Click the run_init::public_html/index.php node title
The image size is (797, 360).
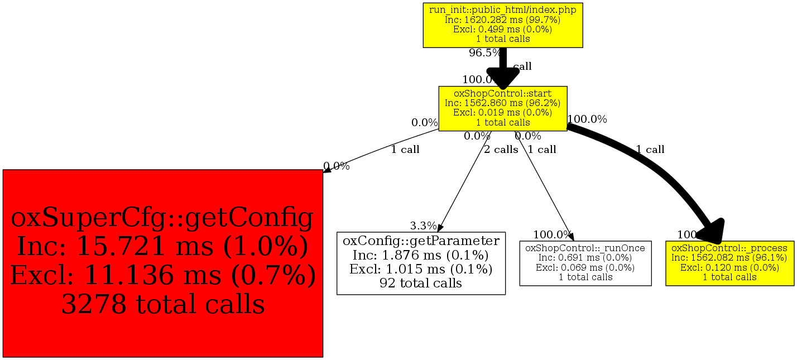pyautogui.click(x=503, y=9)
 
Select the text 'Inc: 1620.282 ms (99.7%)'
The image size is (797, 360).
pyautogui.click(x=503, y=20)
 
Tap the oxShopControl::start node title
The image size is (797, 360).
pyautogui.click(x=503, y=93)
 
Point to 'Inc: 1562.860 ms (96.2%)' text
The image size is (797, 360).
pyautogui.click(x=503, y=103)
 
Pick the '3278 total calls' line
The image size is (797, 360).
pyautogui.click(x=162, y=304)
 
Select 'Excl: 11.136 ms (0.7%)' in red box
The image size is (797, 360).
pyautogui.click(x=162, y=275)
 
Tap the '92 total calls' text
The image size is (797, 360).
pyautogui.click(x=421, y=283)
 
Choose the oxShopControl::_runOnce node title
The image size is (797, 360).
pyautogui.click(x=585, y=247)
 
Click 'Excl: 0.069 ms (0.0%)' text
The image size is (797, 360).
pyautogui.click(x=585, y=267)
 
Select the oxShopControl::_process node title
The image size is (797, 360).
pyautogui.click(x=729, y=247)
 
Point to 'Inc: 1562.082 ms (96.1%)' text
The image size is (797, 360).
pyautogui.click(x=729, y=257)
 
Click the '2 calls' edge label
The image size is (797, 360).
pyautogui.click(x=501, y=150)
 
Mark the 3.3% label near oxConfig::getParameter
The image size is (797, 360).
pyautogui.click(x=423, y=226)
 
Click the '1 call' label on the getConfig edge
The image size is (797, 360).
pyautogui.click(x=405, y=150)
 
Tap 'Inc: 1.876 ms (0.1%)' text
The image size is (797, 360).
pyautogui.click(x=421, y=255)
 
